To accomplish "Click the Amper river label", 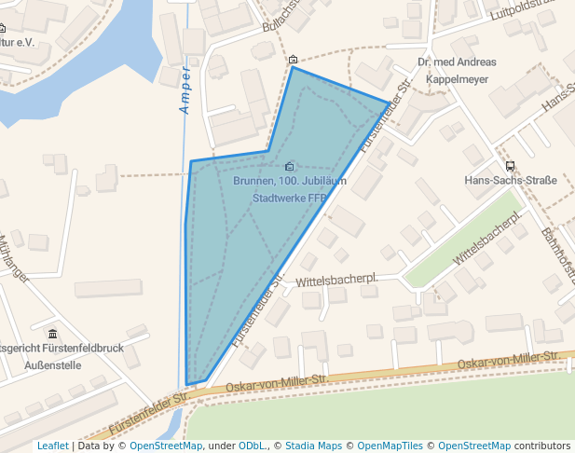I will coord(185,91).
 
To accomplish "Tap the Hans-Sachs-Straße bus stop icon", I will coord(509,166).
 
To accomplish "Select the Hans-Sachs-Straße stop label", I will coord(510,181).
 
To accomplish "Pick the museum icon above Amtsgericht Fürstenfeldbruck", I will coord(52,333).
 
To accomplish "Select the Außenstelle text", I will coord(53,364).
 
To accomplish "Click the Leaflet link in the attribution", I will coord(52,446).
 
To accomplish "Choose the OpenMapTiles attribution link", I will coord(392,446).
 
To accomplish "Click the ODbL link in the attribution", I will coord(252,446).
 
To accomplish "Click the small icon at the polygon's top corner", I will coord(294,60).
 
